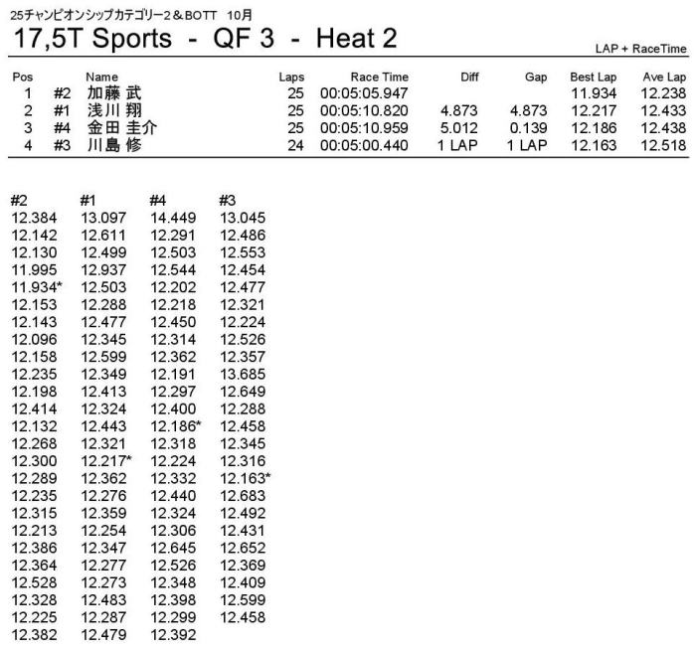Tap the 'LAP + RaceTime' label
click(640, 48)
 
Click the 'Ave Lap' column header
click(663, 77)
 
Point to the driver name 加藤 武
click(114, 92)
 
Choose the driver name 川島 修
click(114, 145)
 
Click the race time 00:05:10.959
click(364, 128)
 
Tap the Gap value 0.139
click(528, 128)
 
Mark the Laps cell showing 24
click(294, 145)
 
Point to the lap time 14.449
click(174, 218)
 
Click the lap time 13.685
click(243, 374)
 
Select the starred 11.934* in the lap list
click(37, 287)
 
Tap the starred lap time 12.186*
click(176, 425)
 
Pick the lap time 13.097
click(104, 218)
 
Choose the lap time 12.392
click(174, 633)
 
